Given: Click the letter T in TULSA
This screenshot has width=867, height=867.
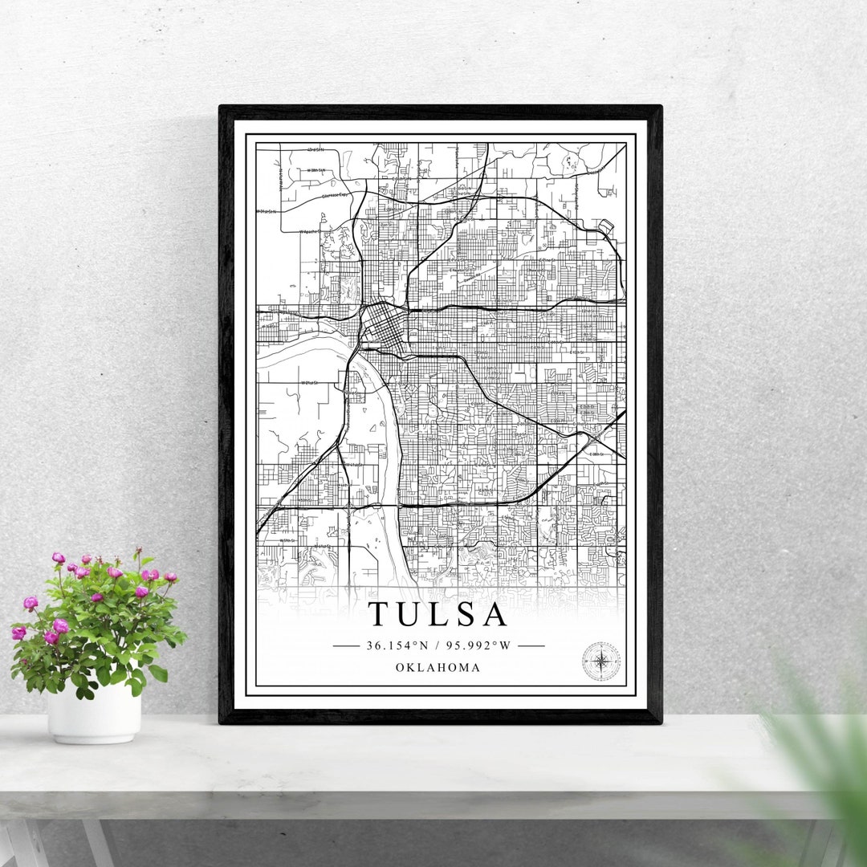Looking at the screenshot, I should coord(381,614).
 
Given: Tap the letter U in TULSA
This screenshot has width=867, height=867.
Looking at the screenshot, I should coord(412,614).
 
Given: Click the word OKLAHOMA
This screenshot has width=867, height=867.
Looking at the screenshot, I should coord(438,668).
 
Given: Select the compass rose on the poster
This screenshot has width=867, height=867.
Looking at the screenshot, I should coord(600,661).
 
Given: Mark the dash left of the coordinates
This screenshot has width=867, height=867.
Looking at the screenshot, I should coord(345,645).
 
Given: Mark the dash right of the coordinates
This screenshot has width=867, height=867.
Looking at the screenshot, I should coord(531,645).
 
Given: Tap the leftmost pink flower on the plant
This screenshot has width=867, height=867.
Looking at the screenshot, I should coord(18,633).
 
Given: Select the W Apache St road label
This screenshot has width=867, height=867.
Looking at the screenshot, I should coord(310,230).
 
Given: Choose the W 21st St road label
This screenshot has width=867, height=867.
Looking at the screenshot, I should coord(310,383).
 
